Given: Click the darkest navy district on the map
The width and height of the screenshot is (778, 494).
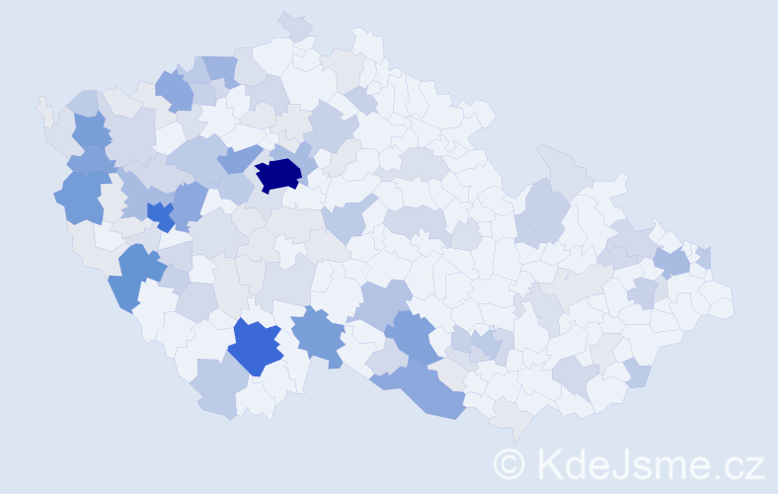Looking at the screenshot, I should [x=278, y=174].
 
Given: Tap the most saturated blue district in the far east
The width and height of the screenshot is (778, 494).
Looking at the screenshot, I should [x=671, y=263].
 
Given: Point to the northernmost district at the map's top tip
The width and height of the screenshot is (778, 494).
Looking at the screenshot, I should [x=295, y=24].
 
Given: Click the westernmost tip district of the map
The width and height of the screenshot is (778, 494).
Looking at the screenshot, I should [x=41, y=104].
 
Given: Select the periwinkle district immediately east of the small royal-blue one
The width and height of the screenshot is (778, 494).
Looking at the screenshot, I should [x=189, y=203].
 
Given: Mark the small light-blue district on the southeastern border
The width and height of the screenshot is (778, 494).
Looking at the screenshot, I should [x=638, y=373].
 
